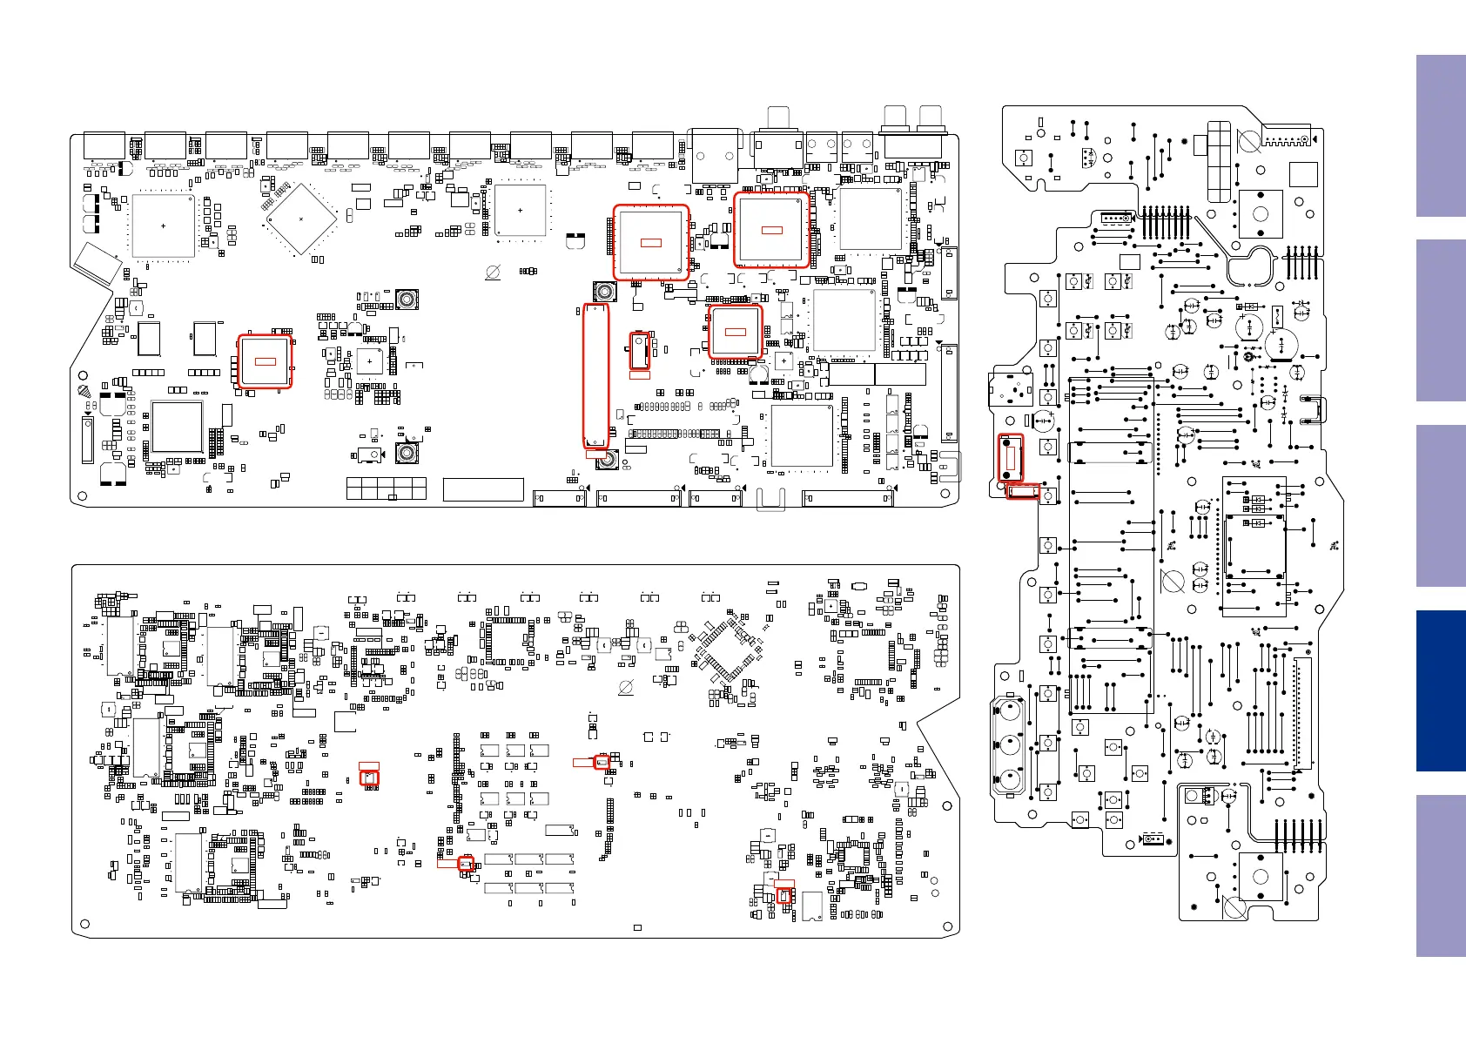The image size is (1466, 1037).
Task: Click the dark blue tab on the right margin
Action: click(x=1441, y=690)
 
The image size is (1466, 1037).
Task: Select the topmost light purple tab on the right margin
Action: click(x=1441, y=136)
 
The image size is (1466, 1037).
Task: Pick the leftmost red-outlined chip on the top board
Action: click(x=265, y=361)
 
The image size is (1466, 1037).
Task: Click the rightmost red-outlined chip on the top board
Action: click(x=771, y=230)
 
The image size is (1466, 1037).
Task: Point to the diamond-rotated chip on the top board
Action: click(x=300, y=219)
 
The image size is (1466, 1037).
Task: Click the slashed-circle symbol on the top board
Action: click(x=493, y=273)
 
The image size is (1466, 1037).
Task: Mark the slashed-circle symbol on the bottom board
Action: click(x=625, y=688)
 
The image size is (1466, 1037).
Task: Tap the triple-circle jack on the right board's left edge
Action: click(x=1010, y=745)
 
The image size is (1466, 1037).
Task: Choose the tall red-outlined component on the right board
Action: click(x=1009, y=458)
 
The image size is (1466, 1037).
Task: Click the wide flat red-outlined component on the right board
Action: click(x=1023, y=493)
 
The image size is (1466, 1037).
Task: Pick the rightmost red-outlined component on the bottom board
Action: click(x=784, y=895)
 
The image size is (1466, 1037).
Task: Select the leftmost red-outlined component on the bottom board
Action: click(x=369, y=778)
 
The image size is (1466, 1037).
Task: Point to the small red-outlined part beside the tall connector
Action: click(x=640, y=350)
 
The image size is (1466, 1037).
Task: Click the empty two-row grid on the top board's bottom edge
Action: click(x=387, y=488)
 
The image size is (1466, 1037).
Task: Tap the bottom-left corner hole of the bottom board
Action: click(x=84, y=924)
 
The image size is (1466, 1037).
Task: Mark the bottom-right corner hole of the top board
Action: click(x=946, y=493)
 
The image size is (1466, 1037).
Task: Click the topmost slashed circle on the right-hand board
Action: click(x=1248, y=140)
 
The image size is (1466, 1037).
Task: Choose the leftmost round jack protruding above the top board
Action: click(x=777, y=118)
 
